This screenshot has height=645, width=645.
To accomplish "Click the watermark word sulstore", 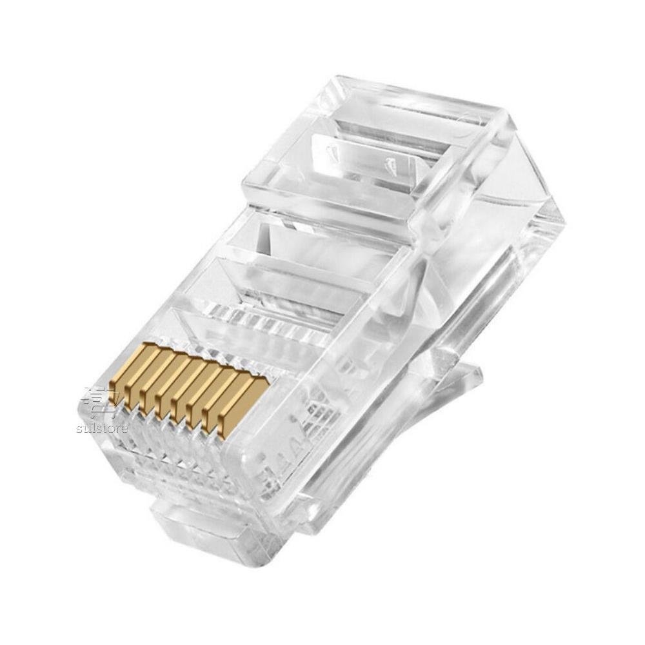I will click(x=102, y=428).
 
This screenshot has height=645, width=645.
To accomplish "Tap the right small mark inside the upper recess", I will click(x=391, y=164).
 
